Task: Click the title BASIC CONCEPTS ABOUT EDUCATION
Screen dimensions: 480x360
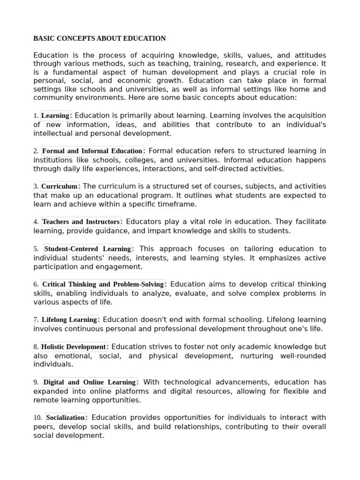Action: [99, 38]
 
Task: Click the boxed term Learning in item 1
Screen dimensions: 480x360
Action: [55, 116]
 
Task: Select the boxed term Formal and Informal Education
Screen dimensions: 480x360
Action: [92, 151]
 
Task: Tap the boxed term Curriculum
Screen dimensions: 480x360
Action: [59, 187]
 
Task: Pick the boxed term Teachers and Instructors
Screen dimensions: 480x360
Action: [81, 222]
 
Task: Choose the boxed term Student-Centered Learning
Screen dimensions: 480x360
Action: [88, 249]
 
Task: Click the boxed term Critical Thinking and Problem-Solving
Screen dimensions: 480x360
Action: [103, 284]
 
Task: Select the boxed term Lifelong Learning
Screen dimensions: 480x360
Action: [69, 320]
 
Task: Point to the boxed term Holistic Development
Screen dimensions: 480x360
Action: [74, 347]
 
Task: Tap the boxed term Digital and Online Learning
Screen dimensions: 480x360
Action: [90, 382]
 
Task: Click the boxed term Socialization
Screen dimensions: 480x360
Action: [66, 418]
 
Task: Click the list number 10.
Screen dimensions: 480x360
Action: [37, 418]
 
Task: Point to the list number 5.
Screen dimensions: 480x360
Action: [36, 249]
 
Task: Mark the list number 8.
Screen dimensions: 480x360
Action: [36, 347]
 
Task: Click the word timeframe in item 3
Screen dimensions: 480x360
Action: [179, 204]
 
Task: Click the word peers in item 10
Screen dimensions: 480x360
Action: [43, 427]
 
